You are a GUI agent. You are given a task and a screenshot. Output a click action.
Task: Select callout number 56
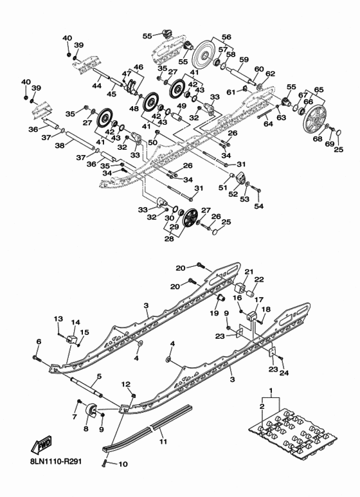coord(226,37)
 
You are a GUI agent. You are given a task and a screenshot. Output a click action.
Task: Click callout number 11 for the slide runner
coord(163,442)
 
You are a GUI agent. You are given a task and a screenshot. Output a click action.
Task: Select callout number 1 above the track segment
coord(271,391)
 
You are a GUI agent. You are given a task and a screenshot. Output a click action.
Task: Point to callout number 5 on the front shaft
coord(100,377)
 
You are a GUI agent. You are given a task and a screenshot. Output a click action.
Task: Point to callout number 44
coord(96,86)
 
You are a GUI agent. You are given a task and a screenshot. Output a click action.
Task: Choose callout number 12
coord(126,384)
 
